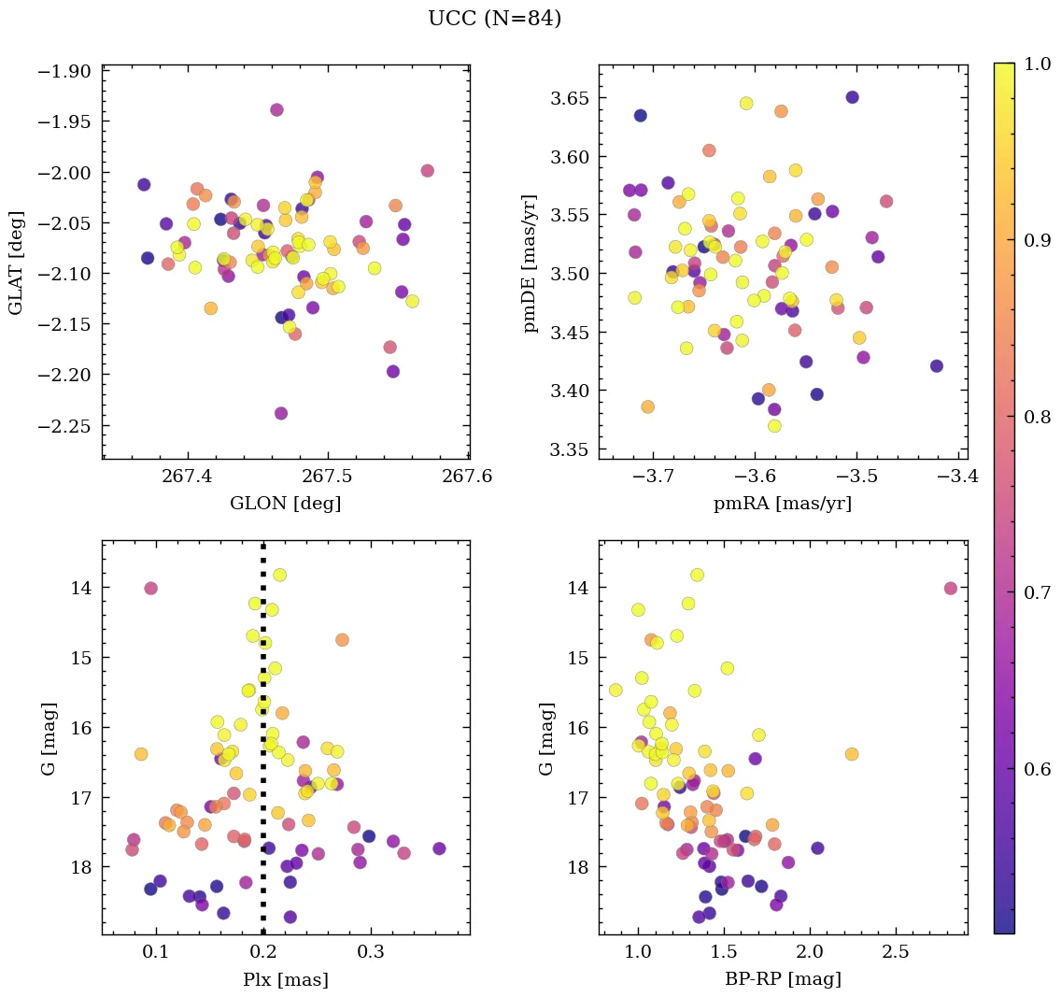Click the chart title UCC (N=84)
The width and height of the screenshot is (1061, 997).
(x=494, y=19)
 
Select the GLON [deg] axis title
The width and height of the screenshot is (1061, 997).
(x=285, y=504)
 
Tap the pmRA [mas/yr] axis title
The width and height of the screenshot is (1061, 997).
(x=783, y=504)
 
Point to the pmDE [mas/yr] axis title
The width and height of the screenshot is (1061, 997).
(x=530, y=263)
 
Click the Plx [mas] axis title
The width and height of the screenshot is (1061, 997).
(x=285, y=979)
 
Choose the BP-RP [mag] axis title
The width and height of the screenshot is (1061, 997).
(x=783, y=979)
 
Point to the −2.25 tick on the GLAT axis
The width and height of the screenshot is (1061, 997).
(x=64, y=425)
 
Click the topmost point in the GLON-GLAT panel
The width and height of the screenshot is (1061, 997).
(x=276, y=110)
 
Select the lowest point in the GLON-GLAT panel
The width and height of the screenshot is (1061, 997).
(x=280, y=413)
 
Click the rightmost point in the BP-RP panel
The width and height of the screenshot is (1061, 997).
(x=951, y=589)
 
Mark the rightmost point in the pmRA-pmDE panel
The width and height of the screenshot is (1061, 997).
(x=937, y=366)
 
